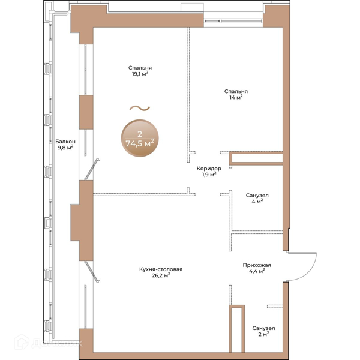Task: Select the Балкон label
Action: [65, 142]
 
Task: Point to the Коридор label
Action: [209, 169]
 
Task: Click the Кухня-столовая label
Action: [161, 269]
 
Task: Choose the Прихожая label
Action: [257, 265]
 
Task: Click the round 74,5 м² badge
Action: [140, 138]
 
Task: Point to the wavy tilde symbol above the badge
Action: [140, 108]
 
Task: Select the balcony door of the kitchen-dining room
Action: [92, 272]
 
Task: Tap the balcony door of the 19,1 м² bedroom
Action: [92, 169]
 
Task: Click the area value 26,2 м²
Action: [161, 275]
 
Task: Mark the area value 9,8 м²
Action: [65, 148]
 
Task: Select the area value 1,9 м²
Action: [209, 175]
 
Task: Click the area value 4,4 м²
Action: [257, 271]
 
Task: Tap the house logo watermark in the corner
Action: [22, 342]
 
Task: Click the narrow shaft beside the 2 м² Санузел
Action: [237, 329]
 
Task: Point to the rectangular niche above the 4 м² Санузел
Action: [256, 158]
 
